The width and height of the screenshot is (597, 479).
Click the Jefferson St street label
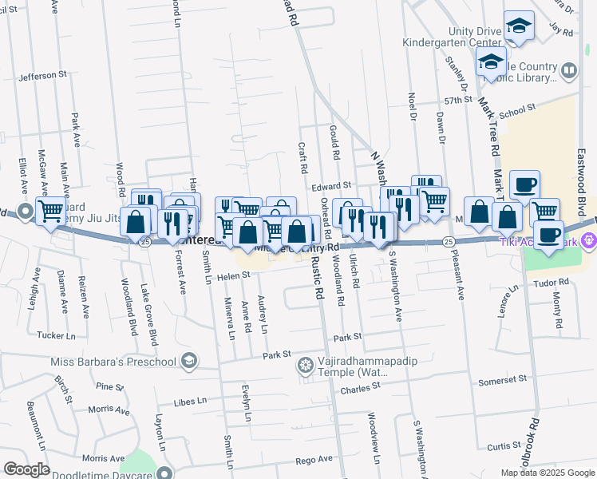pos(43,76)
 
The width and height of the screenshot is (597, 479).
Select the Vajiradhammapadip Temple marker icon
pos(304,366)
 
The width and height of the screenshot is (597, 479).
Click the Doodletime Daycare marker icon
pos(164,472)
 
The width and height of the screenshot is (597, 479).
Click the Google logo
pos(26,469)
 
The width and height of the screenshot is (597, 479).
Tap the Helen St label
pos(235,275)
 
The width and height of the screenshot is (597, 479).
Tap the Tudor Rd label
pos(552,282)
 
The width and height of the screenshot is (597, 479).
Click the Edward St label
pos(332,186)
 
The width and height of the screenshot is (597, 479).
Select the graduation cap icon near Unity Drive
pos(519,27)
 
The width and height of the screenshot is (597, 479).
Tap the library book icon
pos(569,70)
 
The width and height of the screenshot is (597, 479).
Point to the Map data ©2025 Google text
pos(547,472)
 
